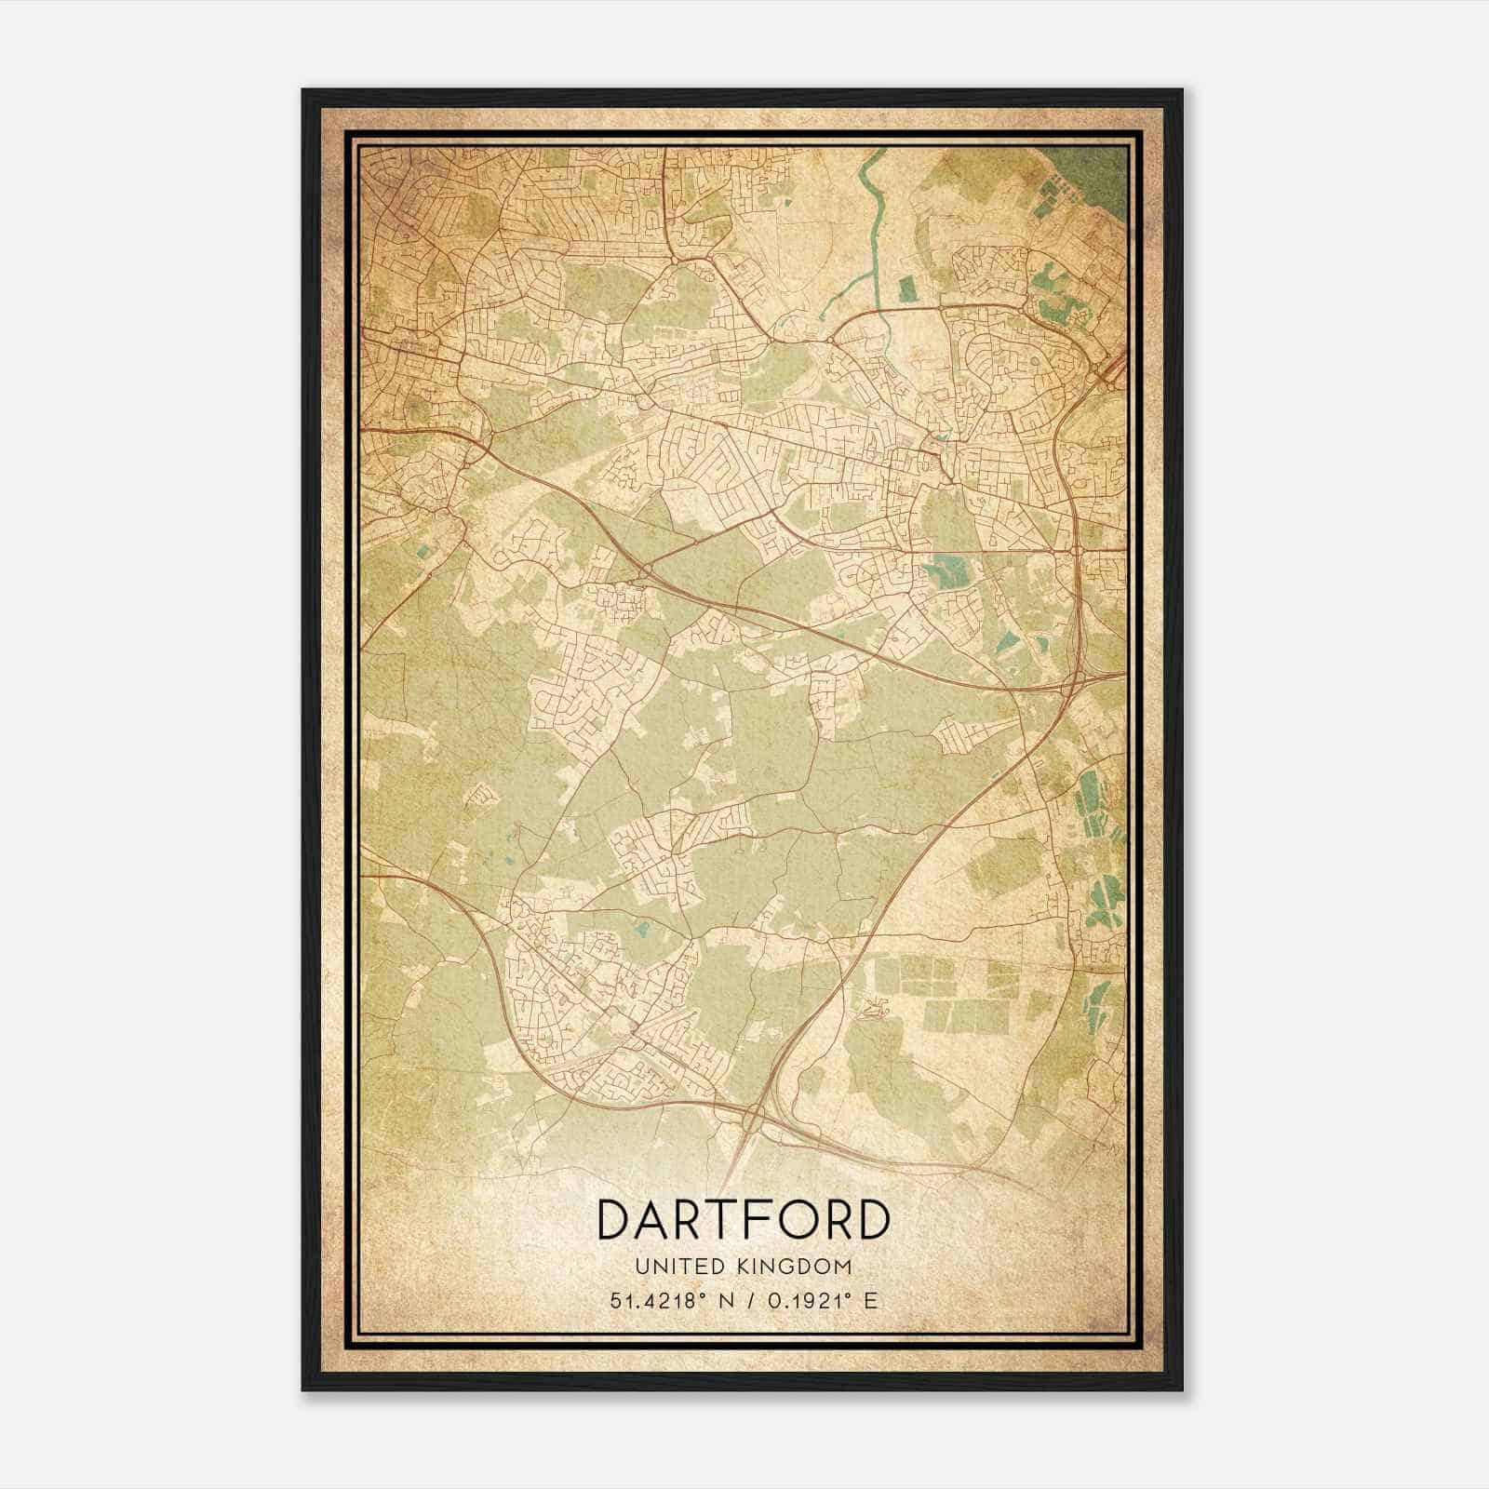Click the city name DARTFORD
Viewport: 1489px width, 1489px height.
click(743, 1220)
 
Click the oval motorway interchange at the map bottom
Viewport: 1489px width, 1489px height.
click(753, 1116)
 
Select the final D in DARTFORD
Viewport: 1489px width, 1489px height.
click(872, 1220)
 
